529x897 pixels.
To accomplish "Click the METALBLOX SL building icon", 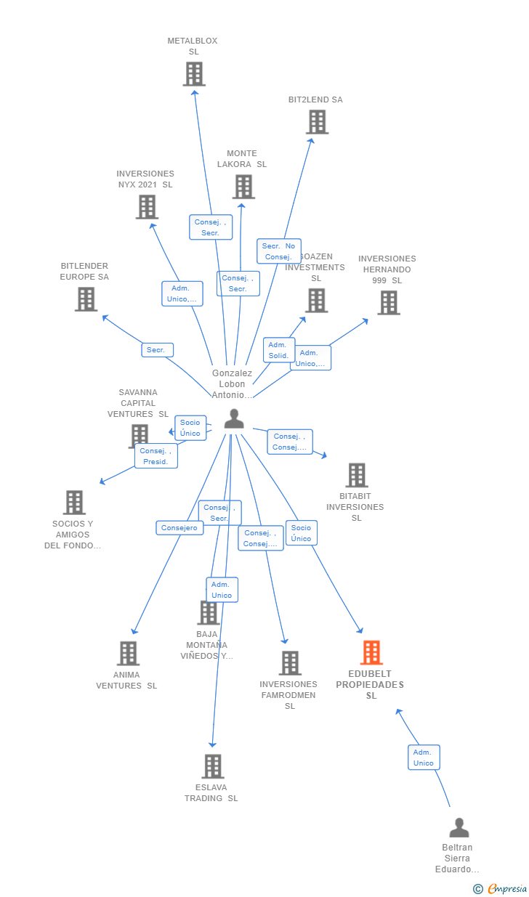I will coord(194,74).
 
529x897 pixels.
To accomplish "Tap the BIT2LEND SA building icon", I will coord(317,122).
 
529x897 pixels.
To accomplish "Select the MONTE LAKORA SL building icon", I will coord(243,187).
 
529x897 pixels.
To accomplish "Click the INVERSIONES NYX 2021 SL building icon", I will coord(147,207).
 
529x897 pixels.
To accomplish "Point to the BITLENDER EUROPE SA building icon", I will coord(86,299).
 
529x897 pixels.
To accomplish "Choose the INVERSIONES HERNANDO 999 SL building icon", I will coord(389,303).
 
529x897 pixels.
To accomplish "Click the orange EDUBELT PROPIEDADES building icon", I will coord(371,653).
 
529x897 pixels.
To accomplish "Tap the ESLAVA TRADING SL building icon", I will coord(212,766).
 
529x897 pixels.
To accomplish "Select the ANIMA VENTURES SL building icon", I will coord(128,654).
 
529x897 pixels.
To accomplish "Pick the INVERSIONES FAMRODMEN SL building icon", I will coord(290,663).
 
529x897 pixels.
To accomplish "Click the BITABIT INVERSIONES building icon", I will coord(356,476).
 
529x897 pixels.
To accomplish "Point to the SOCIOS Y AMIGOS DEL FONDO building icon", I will coord(74,503).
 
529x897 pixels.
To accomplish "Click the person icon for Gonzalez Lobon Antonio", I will coord(234,419).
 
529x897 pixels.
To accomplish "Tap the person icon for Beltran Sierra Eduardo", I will coord(459,828).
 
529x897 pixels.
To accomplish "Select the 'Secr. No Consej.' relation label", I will coord(278,251).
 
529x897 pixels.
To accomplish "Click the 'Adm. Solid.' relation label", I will coord(279,350).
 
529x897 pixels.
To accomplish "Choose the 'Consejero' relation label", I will coord(179,528).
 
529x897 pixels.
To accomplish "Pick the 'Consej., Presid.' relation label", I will coord(156,456).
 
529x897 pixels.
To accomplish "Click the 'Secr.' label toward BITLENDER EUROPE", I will coord(157,350).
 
